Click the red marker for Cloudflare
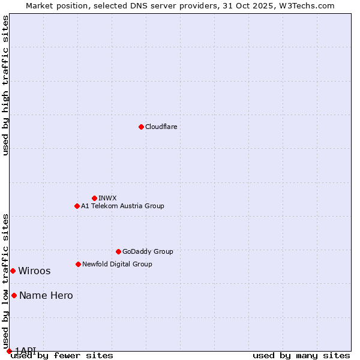(141, 127)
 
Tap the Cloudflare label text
(161, 127)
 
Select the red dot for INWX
(94, 198)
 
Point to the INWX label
(107, 198)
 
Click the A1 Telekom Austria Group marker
(77, 206)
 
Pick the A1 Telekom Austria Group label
(122, 206)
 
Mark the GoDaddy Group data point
(118, 251)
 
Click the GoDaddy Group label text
(148, 251)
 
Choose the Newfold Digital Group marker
(78, 264)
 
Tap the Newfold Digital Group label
(117, 264)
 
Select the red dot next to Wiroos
(13, 271)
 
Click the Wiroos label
(34, 271)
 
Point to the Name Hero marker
(14, 295)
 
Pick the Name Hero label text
(46, 295)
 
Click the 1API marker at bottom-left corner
(9, 351)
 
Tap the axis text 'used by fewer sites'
(62, 356)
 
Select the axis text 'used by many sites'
(301, 356)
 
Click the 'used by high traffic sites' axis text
(5, 85)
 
